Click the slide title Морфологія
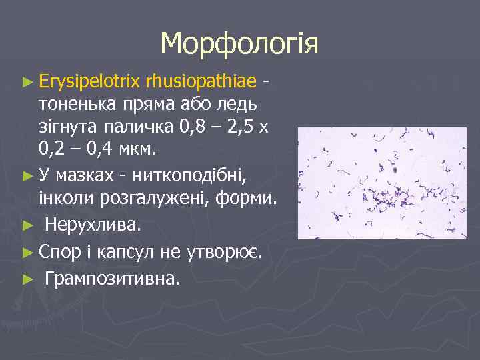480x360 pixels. click(239, 44)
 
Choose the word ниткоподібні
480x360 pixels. click(189, 176)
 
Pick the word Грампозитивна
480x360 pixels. click(111, 278)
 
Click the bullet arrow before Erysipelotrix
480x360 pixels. click(27, 82)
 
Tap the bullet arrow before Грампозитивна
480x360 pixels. click(27, 279)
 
